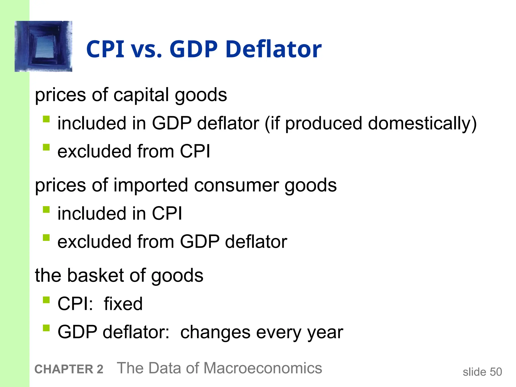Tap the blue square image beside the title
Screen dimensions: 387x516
(x=44, y=46)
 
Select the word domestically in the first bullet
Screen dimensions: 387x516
(x=422, y=123)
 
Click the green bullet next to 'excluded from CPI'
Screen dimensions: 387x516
(x=46, y=147)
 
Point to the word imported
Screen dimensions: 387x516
(x=151, y=185)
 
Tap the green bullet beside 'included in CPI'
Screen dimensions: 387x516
(x=46, y=210)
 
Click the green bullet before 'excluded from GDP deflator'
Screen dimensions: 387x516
(x=46, y=238)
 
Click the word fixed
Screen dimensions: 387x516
(x=123, y=304)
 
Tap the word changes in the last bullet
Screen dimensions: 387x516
(x=215, y=332)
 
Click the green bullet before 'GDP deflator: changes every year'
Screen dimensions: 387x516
(x=46, y=328)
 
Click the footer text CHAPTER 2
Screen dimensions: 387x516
(x=69, y=369)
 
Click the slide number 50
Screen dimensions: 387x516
(x=496, y=372)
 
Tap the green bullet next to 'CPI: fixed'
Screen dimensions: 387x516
(x=46, y=300)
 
